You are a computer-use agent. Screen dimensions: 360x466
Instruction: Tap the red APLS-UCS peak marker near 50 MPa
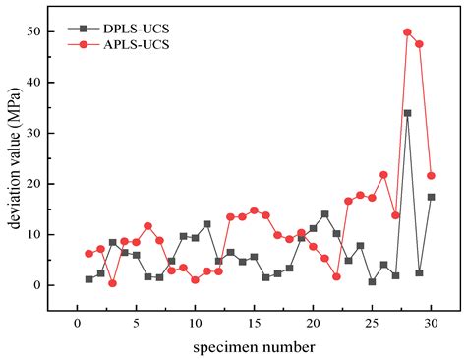pos(407,32)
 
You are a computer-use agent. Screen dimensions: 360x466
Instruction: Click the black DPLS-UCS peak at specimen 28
pos(407,113)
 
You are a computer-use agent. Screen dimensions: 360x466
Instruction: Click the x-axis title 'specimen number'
pos(254,347)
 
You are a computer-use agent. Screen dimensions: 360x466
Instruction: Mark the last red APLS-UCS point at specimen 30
pos(431,176)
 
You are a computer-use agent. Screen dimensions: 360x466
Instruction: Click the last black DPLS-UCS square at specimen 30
pos(431,197)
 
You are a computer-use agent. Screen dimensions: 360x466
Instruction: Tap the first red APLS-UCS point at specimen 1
pos(88,254)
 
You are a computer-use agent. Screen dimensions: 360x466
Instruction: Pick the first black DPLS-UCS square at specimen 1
pos(88,279)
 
